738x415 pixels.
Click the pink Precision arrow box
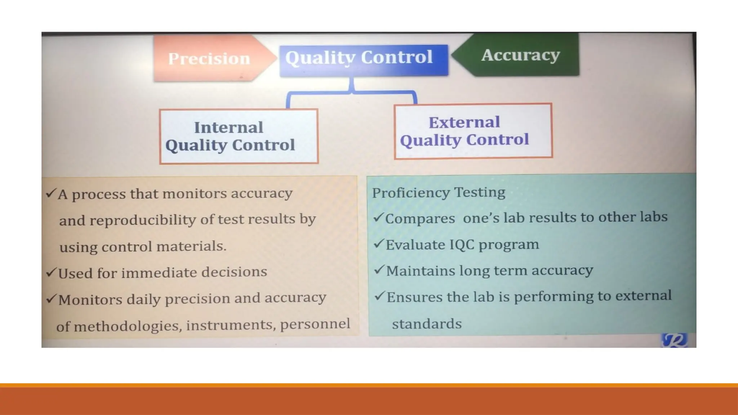click(x=209, y=58)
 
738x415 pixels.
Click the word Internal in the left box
click(x=228, y=128)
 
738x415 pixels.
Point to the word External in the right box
click(x=464, y=122)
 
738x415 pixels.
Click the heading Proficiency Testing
click(x=439, y=192)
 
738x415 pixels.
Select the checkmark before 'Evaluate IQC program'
click(x=379, y=244)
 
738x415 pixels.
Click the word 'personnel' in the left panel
click(x=315, y=324)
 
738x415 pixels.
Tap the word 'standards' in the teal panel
click(x=427, y=324)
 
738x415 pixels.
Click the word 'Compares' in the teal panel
click(x=420, y=218)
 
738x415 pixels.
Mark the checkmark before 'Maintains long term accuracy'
click(x=379, y=270)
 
